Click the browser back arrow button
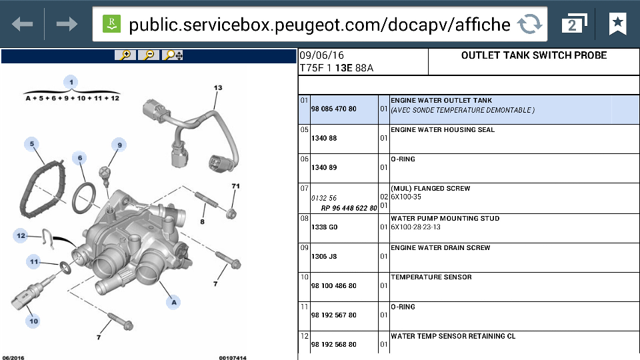tap(23, 24)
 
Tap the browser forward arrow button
tap(67, 24)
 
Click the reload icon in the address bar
tap(529, 24)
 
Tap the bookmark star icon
tap(617, 24)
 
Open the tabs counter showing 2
tap(574, 24)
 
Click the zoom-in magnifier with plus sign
tap(125, 55)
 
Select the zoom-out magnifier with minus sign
tap(149, 55)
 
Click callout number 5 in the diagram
tap(32, 144)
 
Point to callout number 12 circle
tap(21, 235)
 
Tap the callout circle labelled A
tap(174, 303)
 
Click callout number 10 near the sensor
tap(33, 321)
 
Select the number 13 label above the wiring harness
tap(218, 88)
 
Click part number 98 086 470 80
tap(334, 109)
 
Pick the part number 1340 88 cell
tap(324, 139)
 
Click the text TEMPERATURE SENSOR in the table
tap(431, 277)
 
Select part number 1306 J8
tap(324, 256)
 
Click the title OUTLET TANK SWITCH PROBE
tap(534, 55)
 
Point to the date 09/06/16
tap(321, 55)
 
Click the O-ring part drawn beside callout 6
tap(84, 199)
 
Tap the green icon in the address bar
tap(111, 24)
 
